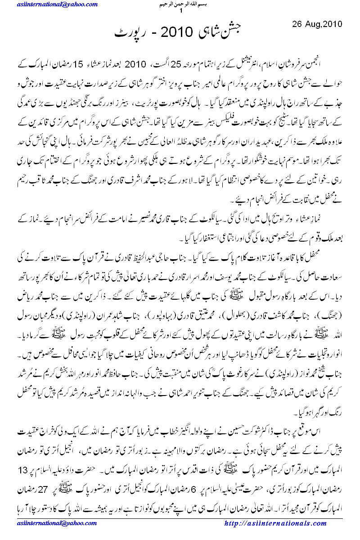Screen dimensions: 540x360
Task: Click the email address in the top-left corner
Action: coord(58,4)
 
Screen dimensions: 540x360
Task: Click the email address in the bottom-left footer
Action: coord(58,523)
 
